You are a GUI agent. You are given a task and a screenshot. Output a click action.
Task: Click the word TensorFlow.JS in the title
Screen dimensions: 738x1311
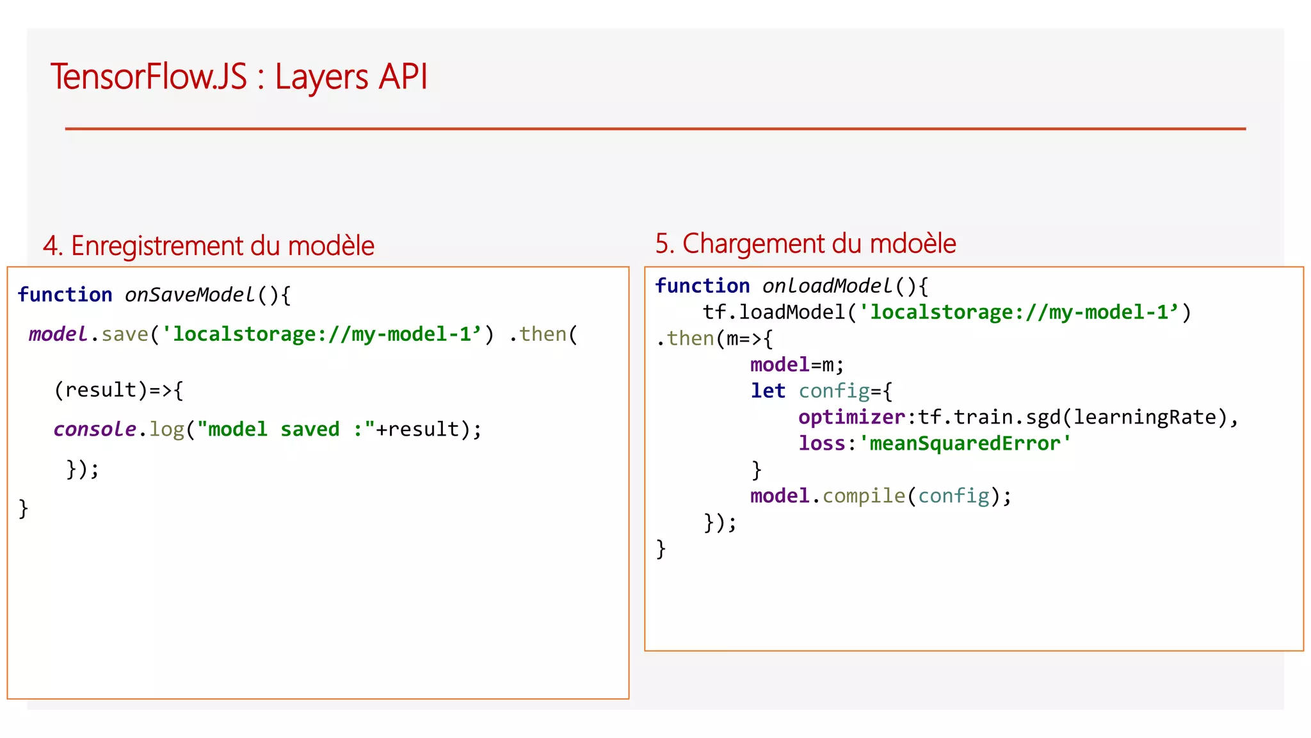pyautogui.click(x=149, y=77)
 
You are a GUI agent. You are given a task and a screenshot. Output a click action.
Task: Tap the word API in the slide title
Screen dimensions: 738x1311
pyautogui.click(x=403, y=77)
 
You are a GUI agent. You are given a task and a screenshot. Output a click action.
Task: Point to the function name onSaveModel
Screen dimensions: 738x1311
pyautogui.click(x=189, y=295)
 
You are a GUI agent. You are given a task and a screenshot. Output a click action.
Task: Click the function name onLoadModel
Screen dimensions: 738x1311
pyautogui.click(x=827, y=286)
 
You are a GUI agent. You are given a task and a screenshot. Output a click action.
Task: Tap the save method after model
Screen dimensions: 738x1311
pyautogui.click(x=124, y=334)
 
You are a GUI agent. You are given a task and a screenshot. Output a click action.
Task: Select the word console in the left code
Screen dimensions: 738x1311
pyautogui.click(x=95, y=429)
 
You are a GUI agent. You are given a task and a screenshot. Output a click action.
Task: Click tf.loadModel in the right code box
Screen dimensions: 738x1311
pyautogui.click(x=774, y=313)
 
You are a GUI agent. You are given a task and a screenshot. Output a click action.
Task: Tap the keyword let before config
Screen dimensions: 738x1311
pyautogui.click(x=768, y=391)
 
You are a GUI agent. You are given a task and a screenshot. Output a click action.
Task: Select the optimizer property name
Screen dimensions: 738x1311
pyautogui.click(x=851, y=417)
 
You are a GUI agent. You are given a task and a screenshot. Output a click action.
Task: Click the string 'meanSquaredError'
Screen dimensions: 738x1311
pyautogui.click(x=965, y=443)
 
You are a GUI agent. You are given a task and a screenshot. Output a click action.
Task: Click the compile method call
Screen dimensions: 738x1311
pyautogui.click(x=864, y=496)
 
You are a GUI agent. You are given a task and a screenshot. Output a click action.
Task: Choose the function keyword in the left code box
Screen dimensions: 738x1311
pyautogui.click(x=65, y=295)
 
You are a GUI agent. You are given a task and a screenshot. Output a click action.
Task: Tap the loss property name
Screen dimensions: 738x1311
pyautogui.click(x=822, y=443)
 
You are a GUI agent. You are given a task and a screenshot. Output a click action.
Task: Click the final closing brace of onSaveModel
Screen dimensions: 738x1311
pyautogui.click(x=24, y=509)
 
